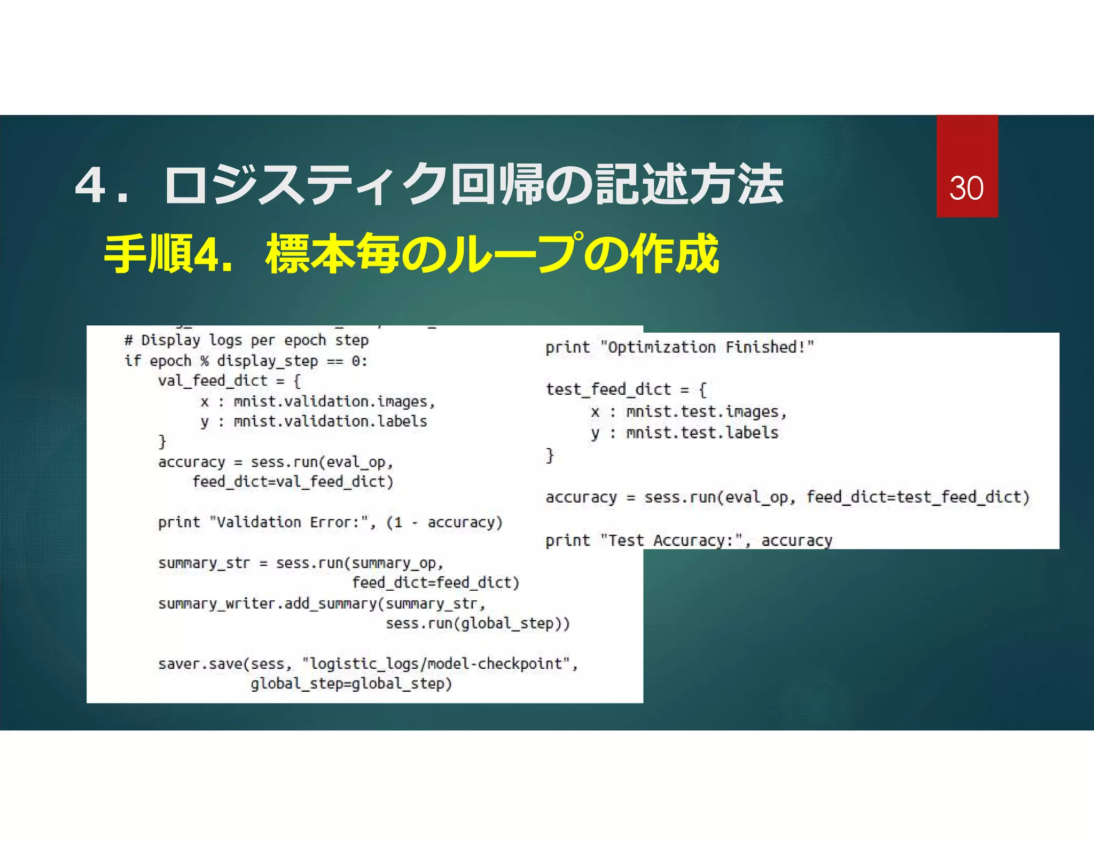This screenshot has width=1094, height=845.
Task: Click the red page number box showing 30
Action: (x=966, y=166)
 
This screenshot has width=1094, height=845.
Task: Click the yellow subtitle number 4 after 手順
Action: (x=206, y=255)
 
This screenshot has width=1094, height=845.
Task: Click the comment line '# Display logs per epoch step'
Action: (x=246, y=340)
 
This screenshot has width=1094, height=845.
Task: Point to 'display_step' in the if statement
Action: (x=267, y=361)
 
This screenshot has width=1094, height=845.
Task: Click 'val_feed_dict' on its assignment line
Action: (x=213, y=381)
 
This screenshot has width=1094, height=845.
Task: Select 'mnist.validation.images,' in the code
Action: (x=334, y=401)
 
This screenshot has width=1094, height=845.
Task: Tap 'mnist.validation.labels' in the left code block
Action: (x=330, y=421)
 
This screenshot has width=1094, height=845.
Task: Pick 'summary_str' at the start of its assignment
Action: (x=204, y=563)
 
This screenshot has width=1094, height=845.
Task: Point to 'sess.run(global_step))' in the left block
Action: (x=478, y=623)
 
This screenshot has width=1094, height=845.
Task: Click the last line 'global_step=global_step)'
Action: (x=351, y=684)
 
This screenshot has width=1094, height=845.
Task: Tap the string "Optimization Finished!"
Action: (x=707, y=347)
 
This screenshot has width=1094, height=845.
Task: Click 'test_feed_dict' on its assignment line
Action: (x=608, y=389)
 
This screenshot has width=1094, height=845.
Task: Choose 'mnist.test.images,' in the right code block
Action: (x=706, y=412)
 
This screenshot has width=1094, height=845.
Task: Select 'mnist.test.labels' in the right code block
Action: (x=702, y=433)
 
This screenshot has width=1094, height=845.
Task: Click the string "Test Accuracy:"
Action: (x=671, y=541)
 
